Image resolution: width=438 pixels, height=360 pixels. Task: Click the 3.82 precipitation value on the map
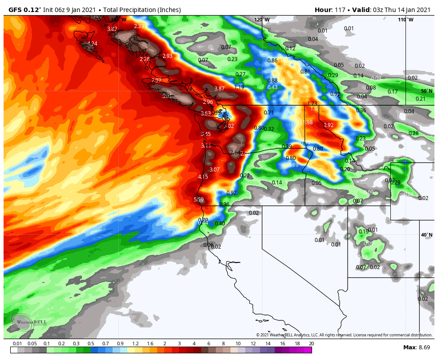(112, 29)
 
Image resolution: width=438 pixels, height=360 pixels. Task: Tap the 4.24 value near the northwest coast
(92, 44)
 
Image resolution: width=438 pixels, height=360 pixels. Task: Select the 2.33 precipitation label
(139, 26)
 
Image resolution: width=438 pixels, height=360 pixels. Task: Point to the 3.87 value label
(219, 89)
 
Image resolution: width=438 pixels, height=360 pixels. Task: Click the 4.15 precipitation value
(203, 177)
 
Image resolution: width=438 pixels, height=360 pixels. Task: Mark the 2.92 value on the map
(328, 125)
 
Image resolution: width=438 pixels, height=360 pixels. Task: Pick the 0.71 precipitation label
(269, 113)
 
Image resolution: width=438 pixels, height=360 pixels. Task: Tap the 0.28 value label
(414, 133)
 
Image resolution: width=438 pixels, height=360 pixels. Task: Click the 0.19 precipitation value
(364, 232)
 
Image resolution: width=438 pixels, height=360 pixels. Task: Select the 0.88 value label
(272, 81)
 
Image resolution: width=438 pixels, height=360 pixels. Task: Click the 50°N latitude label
(426, 91)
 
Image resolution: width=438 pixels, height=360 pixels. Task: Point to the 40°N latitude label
(426, 235)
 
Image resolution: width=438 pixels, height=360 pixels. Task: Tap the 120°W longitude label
(262, 20)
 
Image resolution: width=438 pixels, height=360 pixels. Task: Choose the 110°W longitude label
(406, 20)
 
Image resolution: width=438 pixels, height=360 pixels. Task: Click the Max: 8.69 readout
(416, 347)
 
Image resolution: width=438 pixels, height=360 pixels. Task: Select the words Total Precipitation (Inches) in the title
(141, 10)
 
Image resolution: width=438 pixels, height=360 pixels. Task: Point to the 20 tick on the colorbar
(311, 344)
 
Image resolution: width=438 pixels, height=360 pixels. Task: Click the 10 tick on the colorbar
(238, 344)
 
